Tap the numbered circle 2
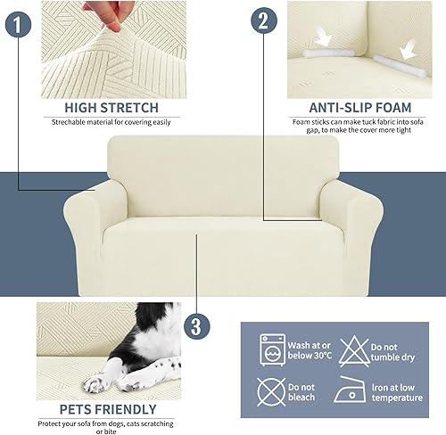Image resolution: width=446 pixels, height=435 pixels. pos(262,21)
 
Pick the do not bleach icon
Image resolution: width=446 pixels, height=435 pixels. pos(271,391)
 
